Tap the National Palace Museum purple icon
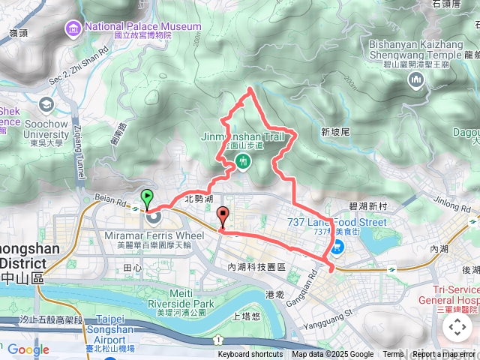pos(74,28)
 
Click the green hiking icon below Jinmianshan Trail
pos(242,161)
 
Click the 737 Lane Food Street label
pos(337,222)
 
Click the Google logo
pos(28,349)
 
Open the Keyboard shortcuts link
pos(250,355)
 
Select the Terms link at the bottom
pos(393,355)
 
